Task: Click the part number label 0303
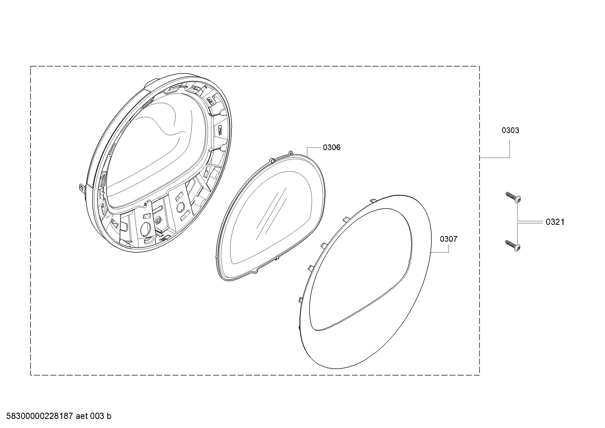(510, 130)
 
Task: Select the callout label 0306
(332, 147)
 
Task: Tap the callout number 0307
(449, 239)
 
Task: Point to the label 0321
(555, 222)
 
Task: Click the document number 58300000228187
(40, 416)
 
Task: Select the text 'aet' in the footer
(81, 416)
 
